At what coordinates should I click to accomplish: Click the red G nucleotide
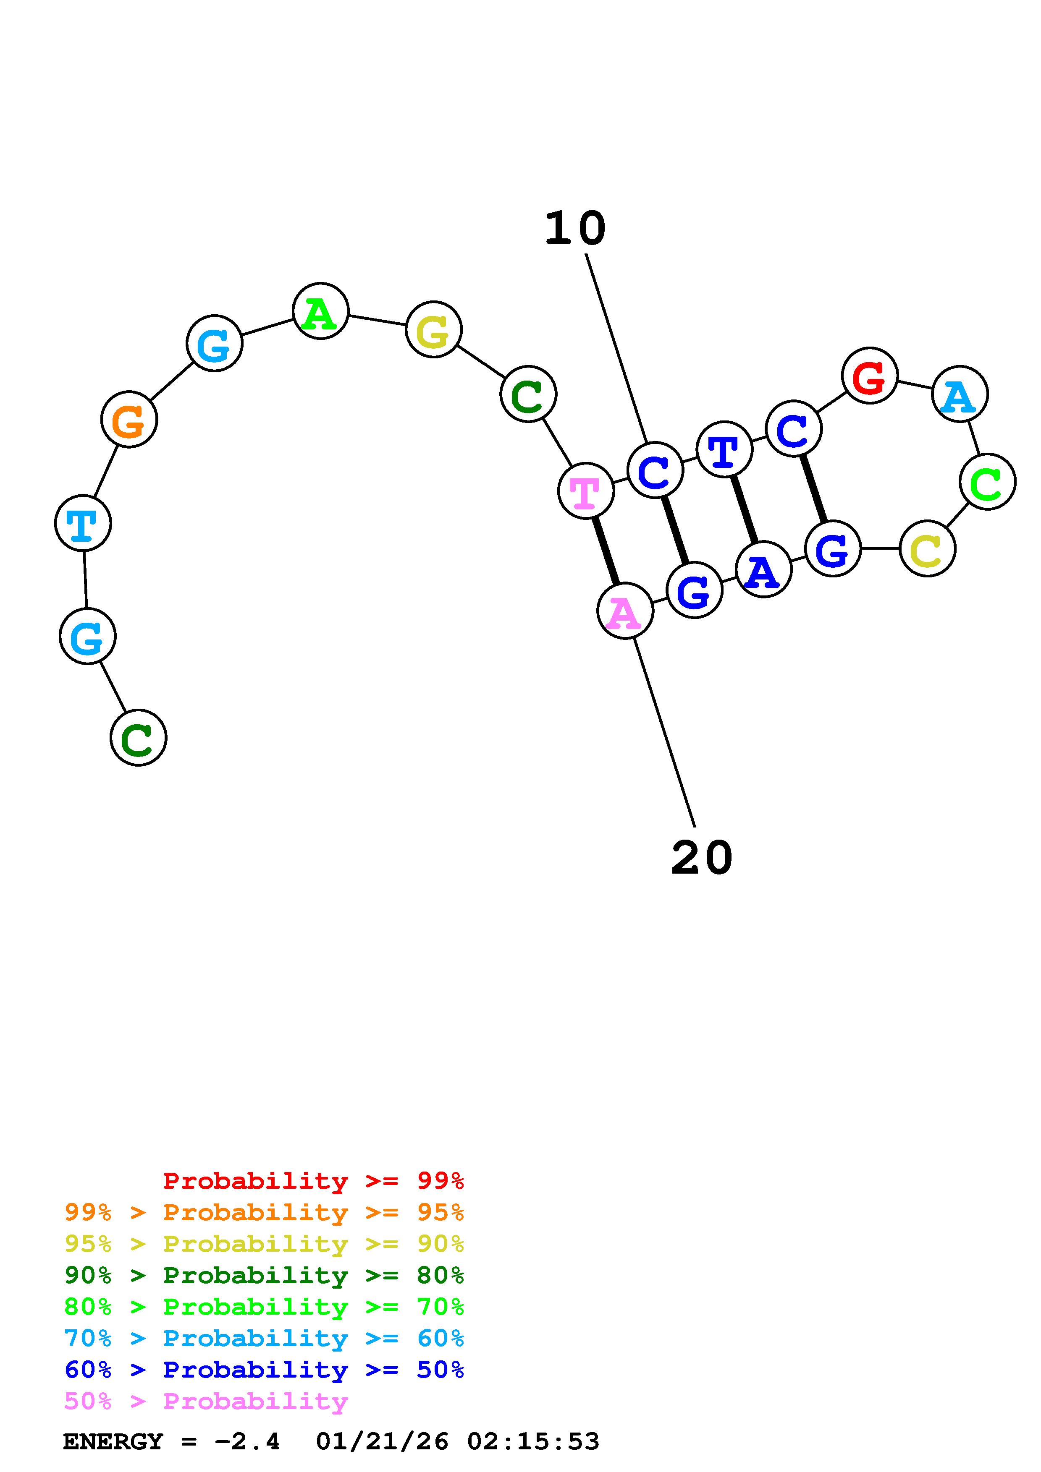coord(869,376)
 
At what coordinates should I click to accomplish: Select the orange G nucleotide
coord(129,420)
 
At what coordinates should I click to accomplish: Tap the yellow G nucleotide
coord(434,330)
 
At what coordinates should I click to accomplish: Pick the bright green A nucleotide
coord(320,312)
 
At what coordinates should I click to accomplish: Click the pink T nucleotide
coord(586,491)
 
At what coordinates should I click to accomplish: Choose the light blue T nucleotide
coord(83,523)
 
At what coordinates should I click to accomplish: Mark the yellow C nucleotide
coord(928,549)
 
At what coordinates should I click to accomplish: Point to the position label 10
coord(575,229)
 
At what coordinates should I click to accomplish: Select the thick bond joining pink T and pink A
coord(606,551)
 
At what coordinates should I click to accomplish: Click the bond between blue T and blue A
coord(744,510)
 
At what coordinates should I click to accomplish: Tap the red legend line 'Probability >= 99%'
coord(314,1181)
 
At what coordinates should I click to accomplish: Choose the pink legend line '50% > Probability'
coord(206,1402)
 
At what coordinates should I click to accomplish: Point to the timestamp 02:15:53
coord(533,1442)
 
